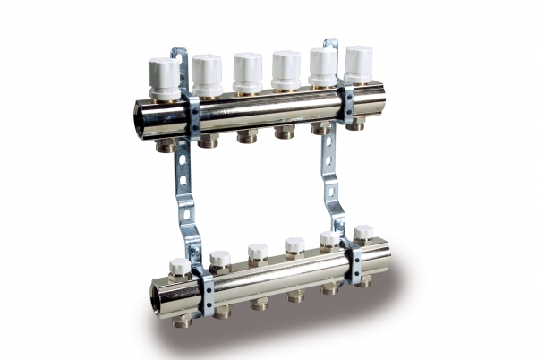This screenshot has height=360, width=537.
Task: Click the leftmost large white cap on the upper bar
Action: [x=165, y=75]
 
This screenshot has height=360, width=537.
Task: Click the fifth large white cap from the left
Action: [x=323, y=64]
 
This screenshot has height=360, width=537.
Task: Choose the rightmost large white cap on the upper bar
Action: [x=359, y=63]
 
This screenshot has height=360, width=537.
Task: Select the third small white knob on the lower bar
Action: [x=259, y=253]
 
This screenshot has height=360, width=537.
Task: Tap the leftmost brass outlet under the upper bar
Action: [x=166, y=144]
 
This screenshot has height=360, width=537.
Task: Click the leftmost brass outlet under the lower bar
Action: [x=183, y=319]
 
